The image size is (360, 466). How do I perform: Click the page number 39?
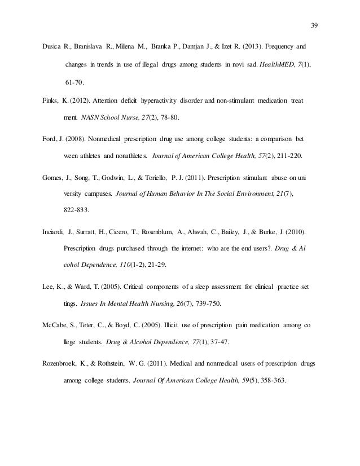tap(315, 25)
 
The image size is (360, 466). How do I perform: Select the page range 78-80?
tap(168, 118)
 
